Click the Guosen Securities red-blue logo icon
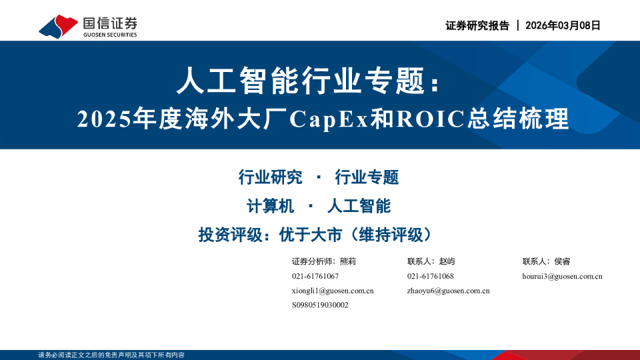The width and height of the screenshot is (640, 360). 59,27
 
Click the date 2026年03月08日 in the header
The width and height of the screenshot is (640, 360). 563,26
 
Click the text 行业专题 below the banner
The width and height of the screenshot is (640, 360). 367,177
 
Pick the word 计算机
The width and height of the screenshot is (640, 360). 270,206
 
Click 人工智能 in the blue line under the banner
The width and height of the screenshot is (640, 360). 359,206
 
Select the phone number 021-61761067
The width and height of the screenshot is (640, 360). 315,276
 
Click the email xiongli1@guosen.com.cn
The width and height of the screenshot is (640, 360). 333,291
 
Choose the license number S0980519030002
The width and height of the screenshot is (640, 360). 320,305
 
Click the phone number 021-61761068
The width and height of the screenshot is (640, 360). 431,276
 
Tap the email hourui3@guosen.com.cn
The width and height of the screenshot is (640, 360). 563,276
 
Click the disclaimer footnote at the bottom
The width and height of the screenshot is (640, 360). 111,355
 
